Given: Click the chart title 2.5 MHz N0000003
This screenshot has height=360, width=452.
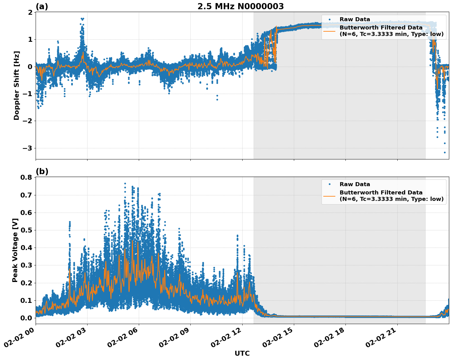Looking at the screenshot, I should [x=240, y=6].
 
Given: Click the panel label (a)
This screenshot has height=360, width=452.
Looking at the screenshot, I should [x=42, y=6].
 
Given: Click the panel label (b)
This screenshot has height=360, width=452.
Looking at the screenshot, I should [x=42, y=171].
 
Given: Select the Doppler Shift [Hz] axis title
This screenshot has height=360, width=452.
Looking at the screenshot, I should [x=17, y=85].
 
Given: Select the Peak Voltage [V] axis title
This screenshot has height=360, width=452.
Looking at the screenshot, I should [x=15, y=250].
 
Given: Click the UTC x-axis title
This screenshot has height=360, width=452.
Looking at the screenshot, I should [x=242, y=353].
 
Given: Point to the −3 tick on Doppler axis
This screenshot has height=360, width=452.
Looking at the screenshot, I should [x=28, y=148].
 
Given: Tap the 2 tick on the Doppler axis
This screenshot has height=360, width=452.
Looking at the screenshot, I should [x=30, y=12].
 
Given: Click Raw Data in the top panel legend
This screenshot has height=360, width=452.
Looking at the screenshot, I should [x=355, y=19].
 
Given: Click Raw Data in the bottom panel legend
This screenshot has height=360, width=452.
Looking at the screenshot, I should [x=355, y=184].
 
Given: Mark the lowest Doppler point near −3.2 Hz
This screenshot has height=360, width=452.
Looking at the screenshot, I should [x=444, y=152].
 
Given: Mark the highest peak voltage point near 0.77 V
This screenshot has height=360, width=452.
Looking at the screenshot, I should [x=125, y=183].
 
